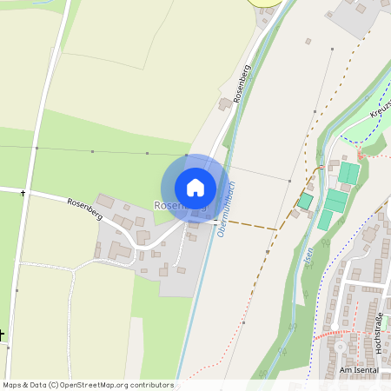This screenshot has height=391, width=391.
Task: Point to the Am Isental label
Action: tap(361, 370)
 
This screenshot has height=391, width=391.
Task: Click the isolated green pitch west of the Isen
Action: tap(305, 201)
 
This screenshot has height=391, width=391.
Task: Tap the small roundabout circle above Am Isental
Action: tap(340, 347)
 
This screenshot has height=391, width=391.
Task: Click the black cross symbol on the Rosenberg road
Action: tap(23, 192)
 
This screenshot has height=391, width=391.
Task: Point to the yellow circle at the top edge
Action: tap(266, 3)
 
